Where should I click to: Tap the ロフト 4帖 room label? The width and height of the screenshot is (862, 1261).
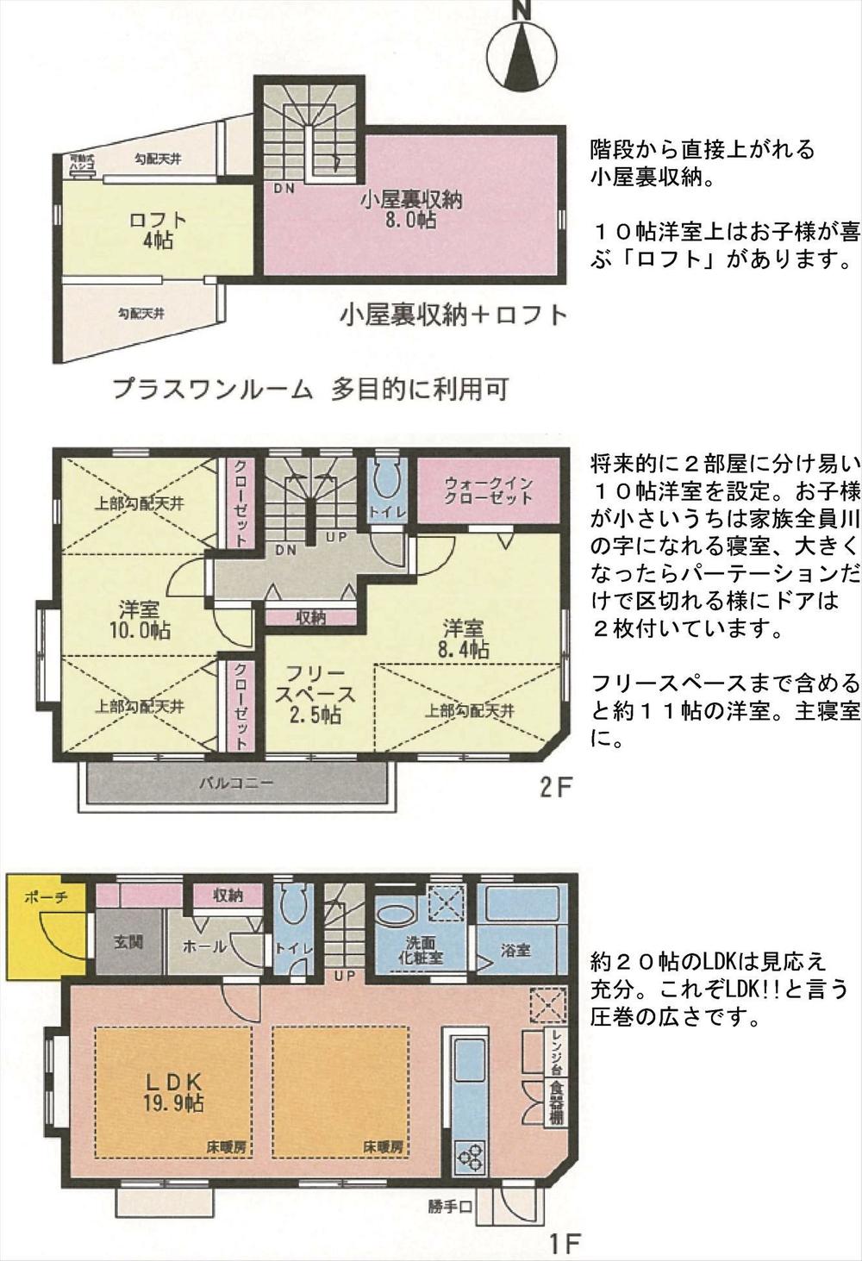(157, 229)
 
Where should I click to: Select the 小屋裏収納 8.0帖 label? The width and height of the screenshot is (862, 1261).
(411, 209)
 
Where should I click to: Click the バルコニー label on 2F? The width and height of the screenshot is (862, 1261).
(236, 784)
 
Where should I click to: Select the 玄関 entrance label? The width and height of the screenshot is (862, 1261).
(128, 941)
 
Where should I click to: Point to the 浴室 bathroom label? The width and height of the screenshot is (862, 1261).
(515, 950)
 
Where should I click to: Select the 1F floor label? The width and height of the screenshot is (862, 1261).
(565, 1244)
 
